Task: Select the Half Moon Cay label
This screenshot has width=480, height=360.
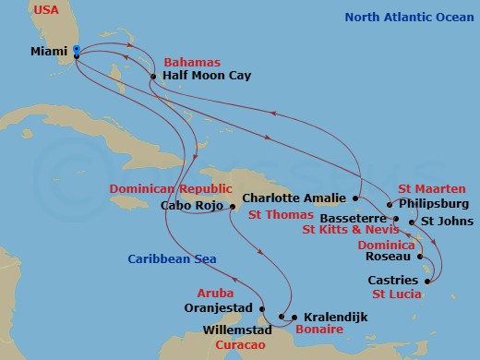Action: coord(199,78)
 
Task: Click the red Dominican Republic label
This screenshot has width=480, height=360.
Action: coord(174,188)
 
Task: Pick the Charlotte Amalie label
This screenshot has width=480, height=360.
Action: coord(295,198)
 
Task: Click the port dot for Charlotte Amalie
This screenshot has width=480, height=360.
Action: coord(355,198)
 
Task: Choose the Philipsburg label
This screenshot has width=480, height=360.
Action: coord(434,203)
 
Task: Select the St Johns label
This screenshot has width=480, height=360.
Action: coord(447,222)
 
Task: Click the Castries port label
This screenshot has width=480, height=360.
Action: coord(394,280)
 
